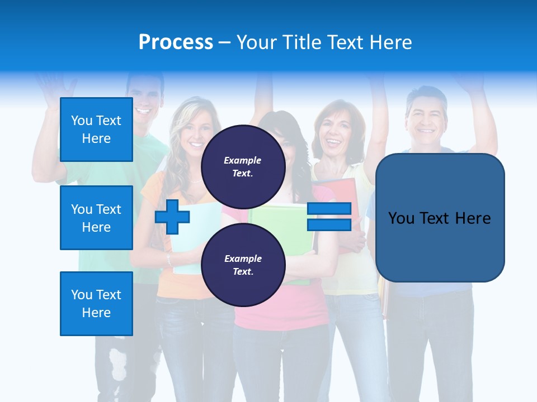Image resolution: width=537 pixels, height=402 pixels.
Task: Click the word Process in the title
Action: (x=176, y=42)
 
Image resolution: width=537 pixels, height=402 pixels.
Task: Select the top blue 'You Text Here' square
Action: (x=96, y=130)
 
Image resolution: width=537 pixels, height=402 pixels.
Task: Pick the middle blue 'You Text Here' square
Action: (x=96, y=218)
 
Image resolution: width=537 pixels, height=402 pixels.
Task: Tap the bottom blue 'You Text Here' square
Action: (x=96, y=304)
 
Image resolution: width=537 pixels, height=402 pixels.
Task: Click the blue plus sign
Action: (x=172, y=217)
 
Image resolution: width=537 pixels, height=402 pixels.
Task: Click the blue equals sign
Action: (x=329, y=217)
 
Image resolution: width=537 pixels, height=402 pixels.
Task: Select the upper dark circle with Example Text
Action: (x=243, y=166)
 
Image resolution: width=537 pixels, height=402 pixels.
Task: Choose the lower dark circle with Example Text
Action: (x=243, y=265)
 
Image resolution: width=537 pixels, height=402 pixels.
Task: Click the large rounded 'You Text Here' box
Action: (x=440, y=218)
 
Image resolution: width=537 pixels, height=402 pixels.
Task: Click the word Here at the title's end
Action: (x=390, y=42)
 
